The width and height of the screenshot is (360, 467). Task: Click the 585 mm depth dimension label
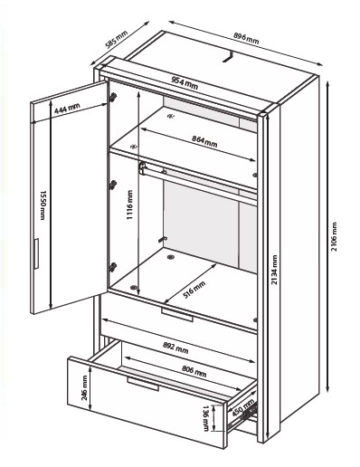[x=117, y=40]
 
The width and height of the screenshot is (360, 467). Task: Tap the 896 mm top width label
[x=246, y=38]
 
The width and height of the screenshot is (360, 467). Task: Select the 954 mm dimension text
[x=185, y=83]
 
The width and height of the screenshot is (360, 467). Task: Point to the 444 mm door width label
[x=67, y=109]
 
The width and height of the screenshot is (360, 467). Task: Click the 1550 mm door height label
[x=43, y=205]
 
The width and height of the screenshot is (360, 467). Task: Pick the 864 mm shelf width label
[x=204, y=141]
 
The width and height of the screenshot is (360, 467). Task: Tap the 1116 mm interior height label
[x=129, y=205]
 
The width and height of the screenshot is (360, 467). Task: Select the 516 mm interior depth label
[x=194, y=290]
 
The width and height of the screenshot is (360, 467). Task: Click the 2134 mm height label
[x=274, y=270]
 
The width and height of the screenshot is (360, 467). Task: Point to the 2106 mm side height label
[x=334, y=237]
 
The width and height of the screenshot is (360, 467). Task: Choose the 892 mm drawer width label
[x=175, y=348]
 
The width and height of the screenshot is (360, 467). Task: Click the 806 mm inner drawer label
[x=194, y=371]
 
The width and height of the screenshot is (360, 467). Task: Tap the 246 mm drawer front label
[x=84, y=388]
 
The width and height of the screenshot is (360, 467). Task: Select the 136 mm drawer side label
[x=206, y=418]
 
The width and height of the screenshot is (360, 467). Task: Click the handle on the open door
[x=36, y=253]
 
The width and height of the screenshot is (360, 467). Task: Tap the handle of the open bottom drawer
[x=143, y=384]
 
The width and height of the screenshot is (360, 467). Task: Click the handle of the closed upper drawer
[x=177, y=315]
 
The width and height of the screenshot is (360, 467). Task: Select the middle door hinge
[x=113, y=185]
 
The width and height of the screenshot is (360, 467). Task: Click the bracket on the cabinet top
[x=228, y=57]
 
